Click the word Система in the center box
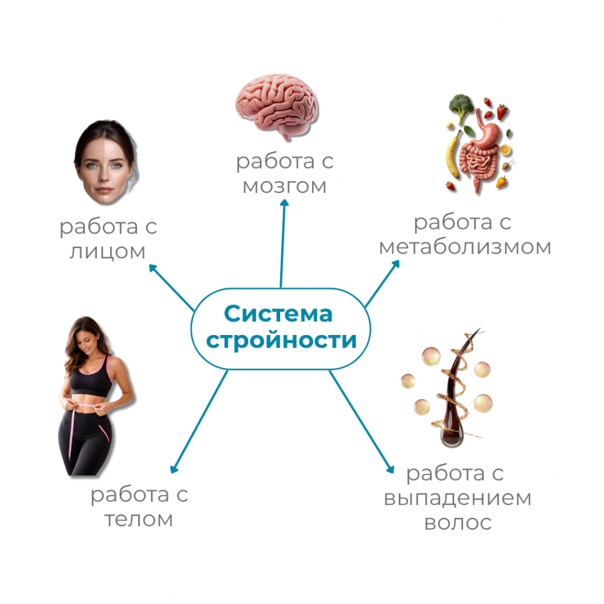278,314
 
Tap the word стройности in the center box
281,340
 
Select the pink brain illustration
277,106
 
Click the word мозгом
285,186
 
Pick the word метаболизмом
465,247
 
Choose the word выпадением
458,498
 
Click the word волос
458,523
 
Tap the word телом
139,519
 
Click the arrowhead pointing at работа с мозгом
284,203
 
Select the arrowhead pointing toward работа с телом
174,469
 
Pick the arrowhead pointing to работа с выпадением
390,469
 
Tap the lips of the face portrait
104,190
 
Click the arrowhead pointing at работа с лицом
153,268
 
